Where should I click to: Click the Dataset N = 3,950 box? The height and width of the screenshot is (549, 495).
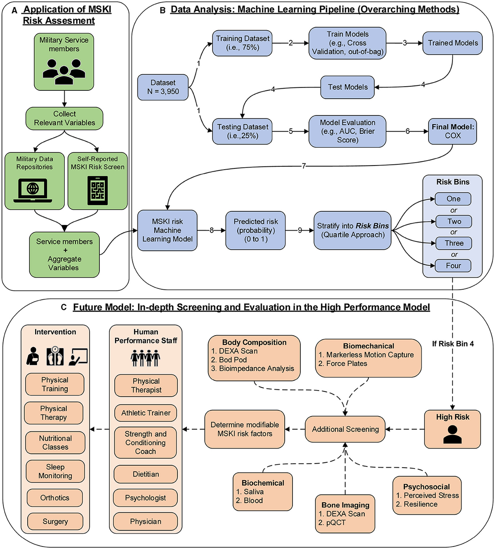click(x=163, y=87)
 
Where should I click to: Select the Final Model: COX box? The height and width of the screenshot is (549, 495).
click(x=453, y=131)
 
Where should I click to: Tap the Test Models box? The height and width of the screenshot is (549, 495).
click(x=347, y=87)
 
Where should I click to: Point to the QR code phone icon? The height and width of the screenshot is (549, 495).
click(x=98, y=190)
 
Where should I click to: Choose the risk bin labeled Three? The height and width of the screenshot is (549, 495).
click(x=453, y=243)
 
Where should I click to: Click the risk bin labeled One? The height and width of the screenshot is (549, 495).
click(x=453, y=199)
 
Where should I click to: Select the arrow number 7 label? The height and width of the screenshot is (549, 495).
click(x=304, y=166)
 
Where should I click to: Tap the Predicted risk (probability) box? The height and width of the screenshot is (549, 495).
click(x=256, y=230)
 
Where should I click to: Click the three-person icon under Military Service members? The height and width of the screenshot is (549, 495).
click(x=64, y=69)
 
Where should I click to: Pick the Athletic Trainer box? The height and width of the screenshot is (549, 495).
click(x=146, y=413)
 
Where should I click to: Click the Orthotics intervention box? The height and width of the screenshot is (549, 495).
click(x=55, y=498)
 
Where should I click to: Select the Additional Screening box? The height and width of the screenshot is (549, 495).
click(x=345, y=429)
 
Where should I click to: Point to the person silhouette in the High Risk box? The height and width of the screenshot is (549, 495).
click(x=453, y=434)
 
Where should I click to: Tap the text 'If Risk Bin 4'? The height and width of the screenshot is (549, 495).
click(x=453, y=343)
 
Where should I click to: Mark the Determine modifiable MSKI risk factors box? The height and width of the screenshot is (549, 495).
click(x=245, y=429)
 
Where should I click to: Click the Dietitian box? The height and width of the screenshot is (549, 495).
click(x=146, y=474)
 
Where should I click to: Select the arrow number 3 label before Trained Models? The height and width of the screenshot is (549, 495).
click(x=405, y=43)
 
